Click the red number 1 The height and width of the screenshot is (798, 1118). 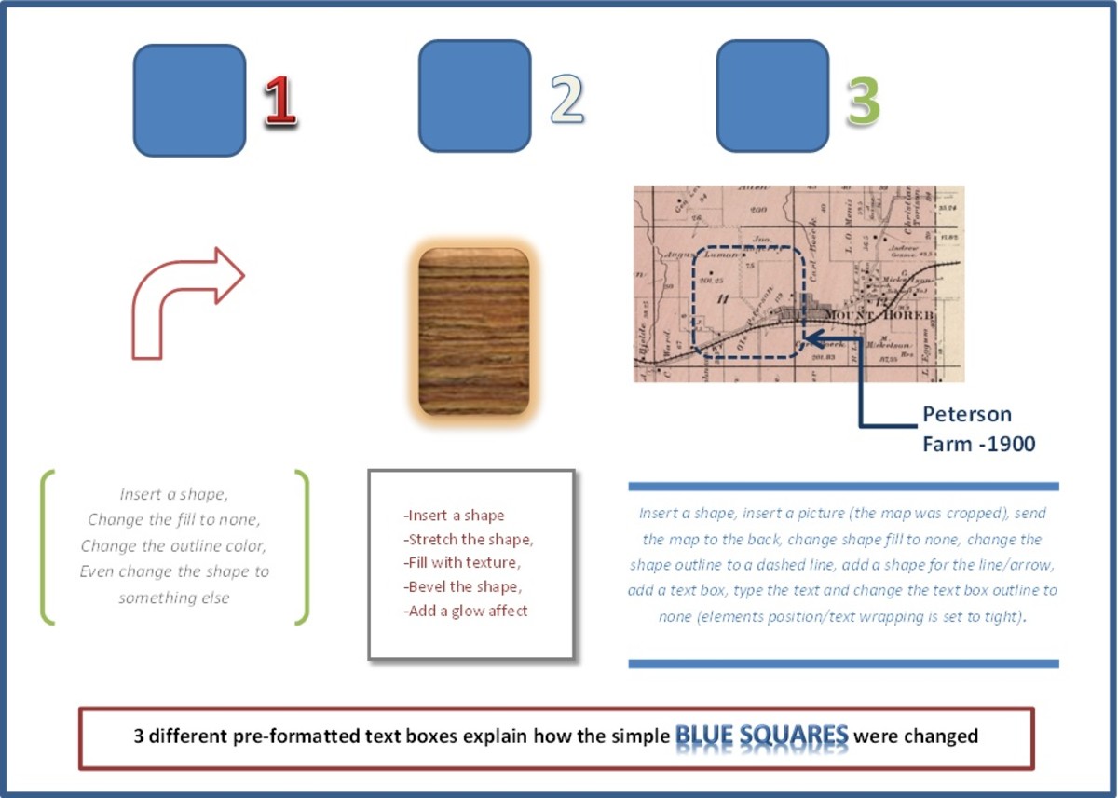click(x=279, y=101)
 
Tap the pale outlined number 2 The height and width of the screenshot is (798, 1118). click(x=566, y=99)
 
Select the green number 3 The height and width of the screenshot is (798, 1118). click(x=863, y=101)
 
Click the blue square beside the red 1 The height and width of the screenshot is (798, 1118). click(x=189, y=100)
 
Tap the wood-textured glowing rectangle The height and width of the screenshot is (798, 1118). click(x=474, y=331)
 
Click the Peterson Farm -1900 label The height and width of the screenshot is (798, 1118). click(x=977, y=429)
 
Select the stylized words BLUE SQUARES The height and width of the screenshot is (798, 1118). click(x=761, y=736)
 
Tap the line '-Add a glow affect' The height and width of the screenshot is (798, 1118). click(x=466, y=612)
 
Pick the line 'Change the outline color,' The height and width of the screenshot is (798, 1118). click(x=173, y=545)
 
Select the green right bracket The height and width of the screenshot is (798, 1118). click(x=302, y=546)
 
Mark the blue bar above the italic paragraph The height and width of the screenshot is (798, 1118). click(x=843, y=486)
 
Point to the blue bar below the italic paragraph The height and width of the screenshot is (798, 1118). click(x=843, y=664)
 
